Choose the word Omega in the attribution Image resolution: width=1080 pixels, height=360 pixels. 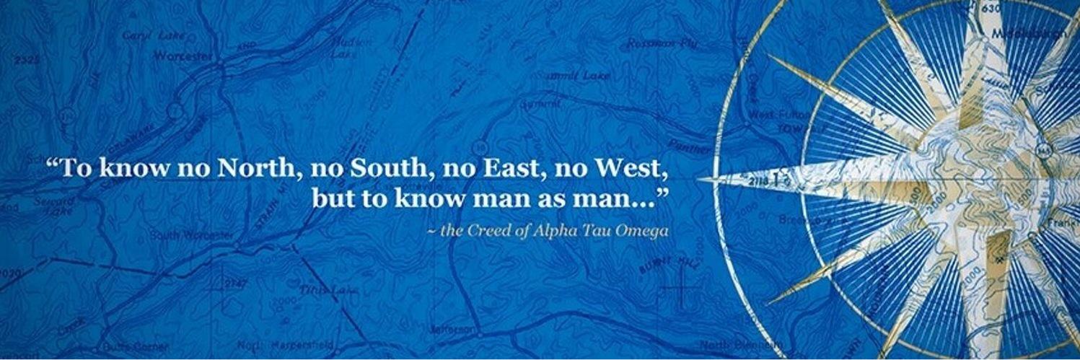point(643,231)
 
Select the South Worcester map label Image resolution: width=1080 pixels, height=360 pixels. point(192,236)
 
